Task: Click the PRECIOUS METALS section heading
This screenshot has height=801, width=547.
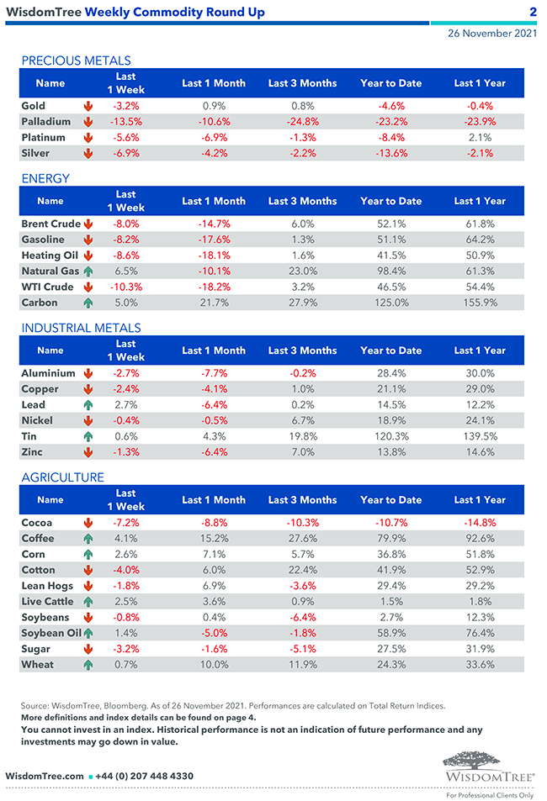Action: pyautogui.click(x=76, y=61)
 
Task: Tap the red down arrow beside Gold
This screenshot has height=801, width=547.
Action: pyautogui.click(x=88, y=107)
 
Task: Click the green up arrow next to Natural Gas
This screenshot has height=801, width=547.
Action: pyautogui.click(x=88, y=271)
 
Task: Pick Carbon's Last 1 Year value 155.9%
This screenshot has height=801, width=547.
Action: pyautogui.click(x=480, y=303)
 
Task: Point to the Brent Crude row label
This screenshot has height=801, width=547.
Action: pyautogui.click(x=50, y=224)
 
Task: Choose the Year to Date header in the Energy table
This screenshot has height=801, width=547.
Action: pyautogui.click(x=390, y=201)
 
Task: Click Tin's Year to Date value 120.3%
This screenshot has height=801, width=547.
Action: pyautogui.click(x=390, y=436)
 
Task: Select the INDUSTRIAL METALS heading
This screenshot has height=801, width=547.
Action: pyautogui.click(x=81, y=328)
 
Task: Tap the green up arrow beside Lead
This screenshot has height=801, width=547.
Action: pyautogui.click(x=88, y=405)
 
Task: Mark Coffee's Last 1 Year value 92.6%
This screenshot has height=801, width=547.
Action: pyautogui.click(x=480, y=539)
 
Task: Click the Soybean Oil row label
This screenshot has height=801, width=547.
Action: pyautogui.click(x=50, y=633)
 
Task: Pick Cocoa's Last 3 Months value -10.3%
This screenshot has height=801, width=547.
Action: pyautogui.click(x=302, y=523)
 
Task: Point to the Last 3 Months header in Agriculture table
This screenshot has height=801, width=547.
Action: pyautogui.click(x=302, y=500)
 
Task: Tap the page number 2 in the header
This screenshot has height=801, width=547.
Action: pyautogui.click(x=533, y=12)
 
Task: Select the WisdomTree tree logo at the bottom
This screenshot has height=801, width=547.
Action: pyautogui.click(x=488, y=765)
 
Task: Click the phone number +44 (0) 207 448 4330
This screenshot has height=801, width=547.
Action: pyautogui.click(x=145, y=776)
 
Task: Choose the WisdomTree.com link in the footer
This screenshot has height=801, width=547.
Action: pyautogui.click(x=44, y=776)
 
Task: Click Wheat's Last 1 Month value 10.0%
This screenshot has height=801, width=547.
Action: pyautogui.click(x=214, y=665)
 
